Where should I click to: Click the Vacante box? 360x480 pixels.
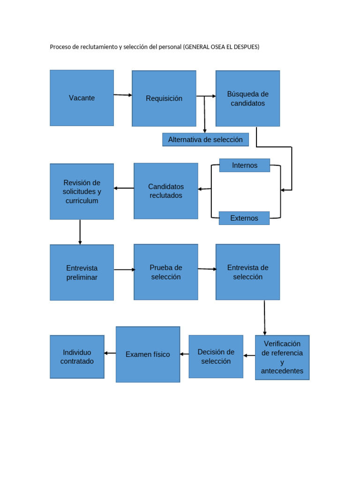click(x=82, y=98)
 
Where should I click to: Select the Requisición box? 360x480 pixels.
click(x=164, y=98)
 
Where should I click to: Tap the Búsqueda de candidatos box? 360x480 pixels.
click(x=247, y=98)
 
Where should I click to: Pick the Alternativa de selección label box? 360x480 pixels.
click(x=205, y=140)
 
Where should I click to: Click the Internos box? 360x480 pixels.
click(x=244, y=165)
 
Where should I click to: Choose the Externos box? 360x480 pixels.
click(x=244, y=218)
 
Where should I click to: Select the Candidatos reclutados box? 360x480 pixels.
click(x=165, y=191)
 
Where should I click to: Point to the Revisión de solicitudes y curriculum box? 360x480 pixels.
click(x=82, y=191)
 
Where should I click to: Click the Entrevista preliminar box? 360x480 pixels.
click(x=82, y=272)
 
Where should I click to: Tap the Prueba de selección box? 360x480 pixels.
click(x=165, y=272)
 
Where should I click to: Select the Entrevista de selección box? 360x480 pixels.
click(x=247, y=272)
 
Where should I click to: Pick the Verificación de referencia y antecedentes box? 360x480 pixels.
click(x=282, y=357)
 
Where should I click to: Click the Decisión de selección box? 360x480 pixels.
click(x=216, y=356)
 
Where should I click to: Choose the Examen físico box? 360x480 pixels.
click(x=148, y=354)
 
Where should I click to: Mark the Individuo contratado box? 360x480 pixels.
click(x=77, y=357)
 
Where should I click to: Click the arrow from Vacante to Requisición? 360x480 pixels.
click(x=123, y=95)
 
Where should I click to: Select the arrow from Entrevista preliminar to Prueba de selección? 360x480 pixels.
click(x=124, y=270)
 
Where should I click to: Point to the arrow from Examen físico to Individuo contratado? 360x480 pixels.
click(x=110, y=353)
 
